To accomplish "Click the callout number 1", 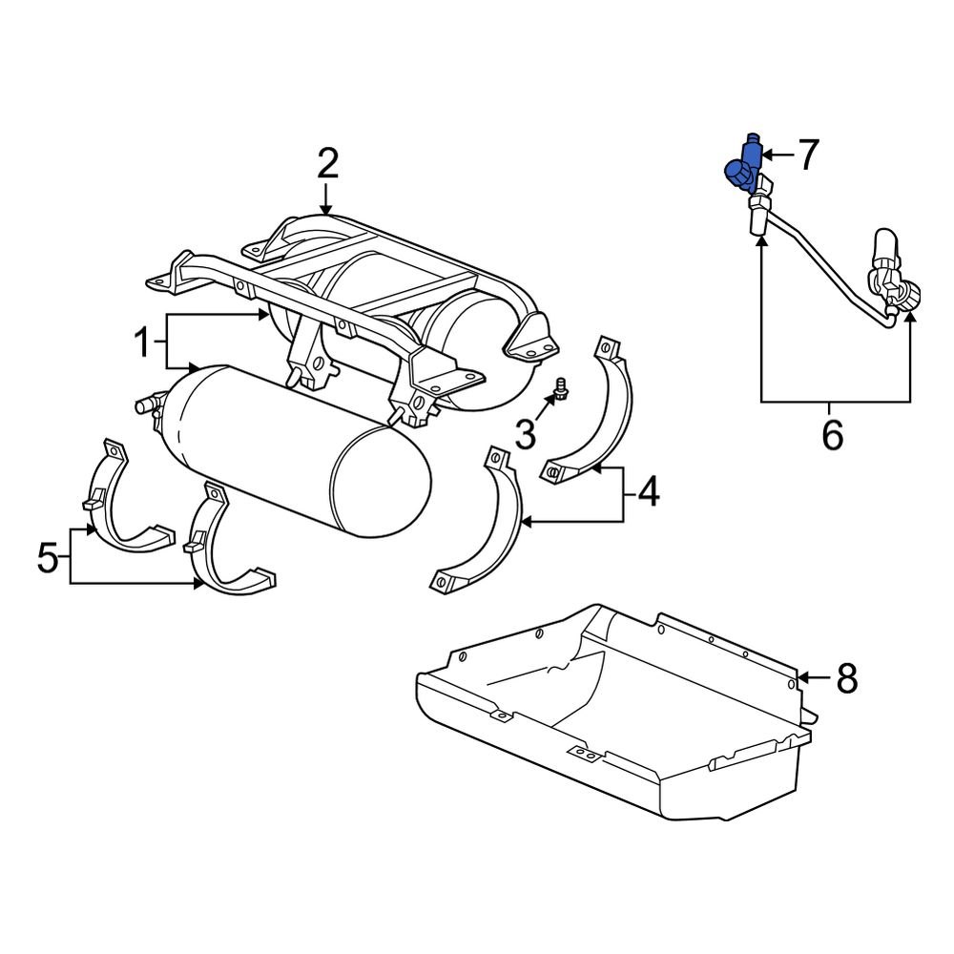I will coord(142,342).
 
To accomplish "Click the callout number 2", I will coord(327,165).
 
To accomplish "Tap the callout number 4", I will coord(649,492).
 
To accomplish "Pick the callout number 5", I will coord(48,556).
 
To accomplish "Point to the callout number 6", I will coord(833,435).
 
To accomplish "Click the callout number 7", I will coord(808,155).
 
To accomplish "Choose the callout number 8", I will coord(847,679).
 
